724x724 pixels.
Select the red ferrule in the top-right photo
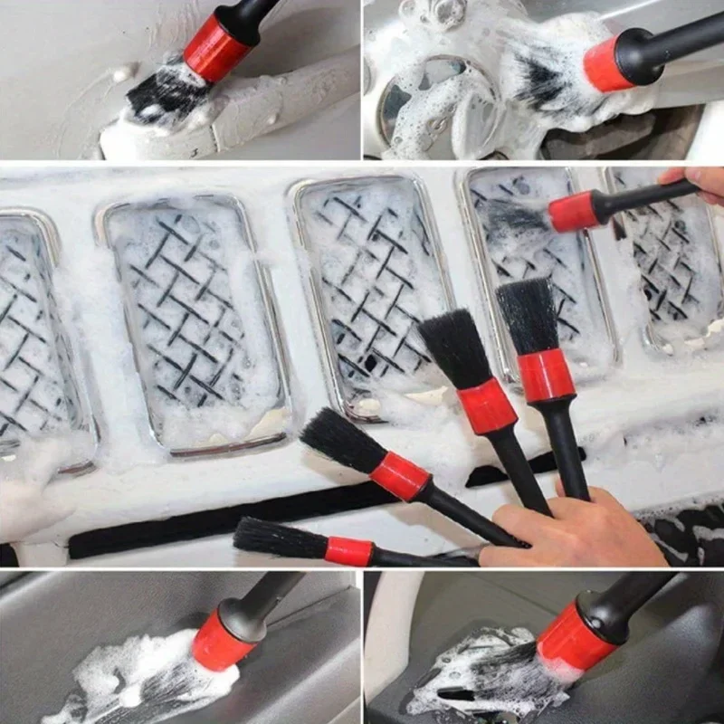607,63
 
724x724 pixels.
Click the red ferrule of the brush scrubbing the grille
574,211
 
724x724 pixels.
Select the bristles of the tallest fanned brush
527,314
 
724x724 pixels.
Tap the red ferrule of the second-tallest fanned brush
486,406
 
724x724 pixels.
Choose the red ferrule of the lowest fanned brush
349,551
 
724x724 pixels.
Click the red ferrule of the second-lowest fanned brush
400,475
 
